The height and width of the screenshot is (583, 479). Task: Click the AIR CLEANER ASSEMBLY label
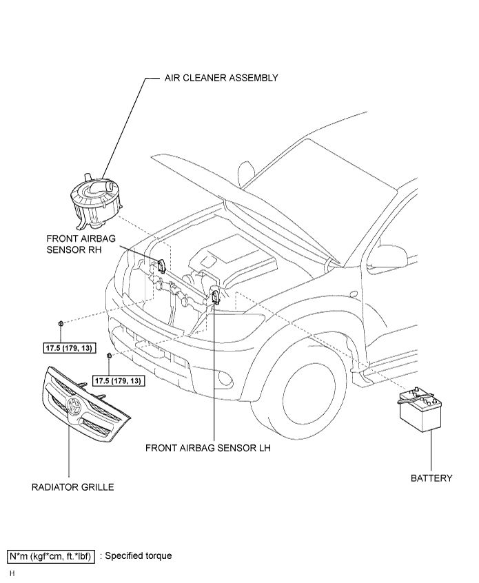(221, 78)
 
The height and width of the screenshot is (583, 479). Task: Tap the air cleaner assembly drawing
(96, 201)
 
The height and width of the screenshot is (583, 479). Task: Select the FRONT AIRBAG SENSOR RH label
(81, 244)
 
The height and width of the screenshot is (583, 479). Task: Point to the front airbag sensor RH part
(161, 265)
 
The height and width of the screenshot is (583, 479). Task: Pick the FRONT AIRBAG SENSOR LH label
(208, 448)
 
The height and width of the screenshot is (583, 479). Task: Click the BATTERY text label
(431, 478)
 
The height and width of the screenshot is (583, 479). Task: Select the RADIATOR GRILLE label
(72, 487)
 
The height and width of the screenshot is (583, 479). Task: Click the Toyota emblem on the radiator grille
(74, 405)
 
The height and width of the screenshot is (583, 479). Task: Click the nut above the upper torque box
(61, 323)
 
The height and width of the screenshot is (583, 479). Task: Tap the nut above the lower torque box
(109, 356)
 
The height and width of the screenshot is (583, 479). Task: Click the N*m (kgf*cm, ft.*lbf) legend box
(51, 556)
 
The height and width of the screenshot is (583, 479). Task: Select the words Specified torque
(139, 556)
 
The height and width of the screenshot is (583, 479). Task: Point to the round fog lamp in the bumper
(225, 378)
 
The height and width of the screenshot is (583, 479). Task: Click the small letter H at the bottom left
(12, 573)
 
